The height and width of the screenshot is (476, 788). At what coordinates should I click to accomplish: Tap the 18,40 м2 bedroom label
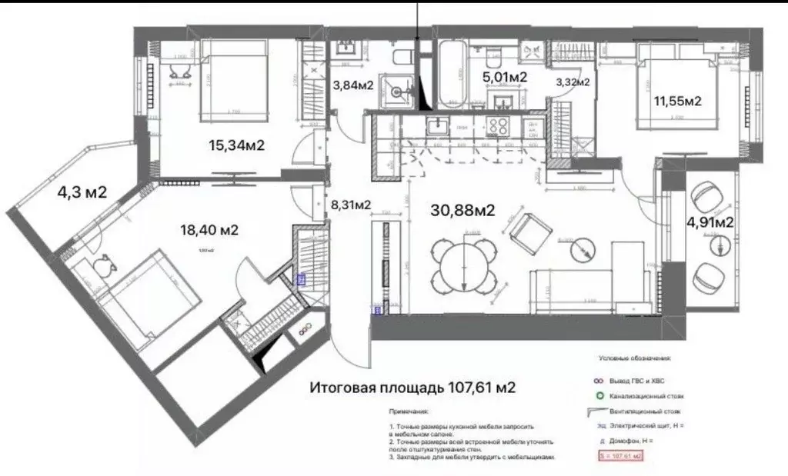point(203,229)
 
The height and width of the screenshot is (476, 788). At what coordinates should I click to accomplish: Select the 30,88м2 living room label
point(462,210)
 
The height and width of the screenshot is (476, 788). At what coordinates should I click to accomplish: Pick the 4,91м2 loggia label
point(709,223)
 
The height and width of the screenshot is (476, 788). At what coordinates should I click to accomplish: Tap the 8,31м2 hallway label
point(351,205)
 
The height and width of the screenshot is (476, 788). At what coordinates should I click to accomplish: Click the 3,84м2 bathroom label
point(353,85)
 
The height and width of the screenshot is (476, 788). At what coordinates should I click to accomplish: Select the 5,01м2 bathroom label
point(504,77)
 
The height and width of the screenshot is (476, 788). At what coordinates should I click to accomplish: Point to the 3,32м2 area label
point(573,82)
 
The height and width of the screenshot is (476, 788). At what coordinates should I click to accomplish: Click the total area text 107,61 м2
point(412,387)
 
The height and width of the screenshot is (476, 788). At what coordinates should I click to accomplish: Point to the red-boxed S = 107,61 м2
point(620,456)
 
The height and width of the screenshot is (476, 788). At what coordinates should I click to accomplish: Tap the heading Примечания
point(409,412)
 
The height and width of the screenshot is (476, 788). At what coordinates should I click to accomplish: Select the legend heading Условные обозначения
point(634,358)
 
